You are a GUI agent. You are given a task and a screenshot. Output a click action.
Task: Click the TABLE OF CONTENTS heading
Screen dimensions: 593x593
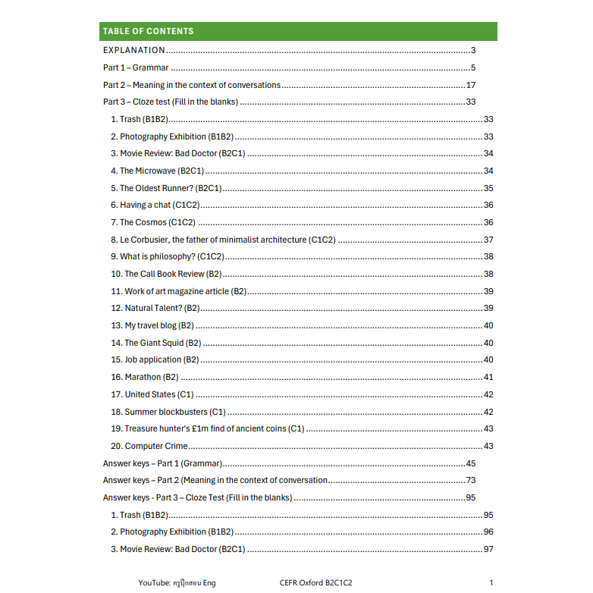(x=148, y=31)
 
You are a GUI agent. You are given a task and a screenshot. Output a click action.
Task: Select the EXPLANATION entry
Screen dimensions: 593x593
(x=134, y=51)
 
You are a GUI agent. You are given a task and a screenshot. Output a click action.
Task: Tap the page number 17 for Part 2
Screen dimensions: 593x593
(x=471, y=85)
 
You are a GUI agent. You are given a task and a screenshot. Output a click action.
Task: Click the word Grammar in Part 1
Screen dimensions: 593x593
(x=150, y=68)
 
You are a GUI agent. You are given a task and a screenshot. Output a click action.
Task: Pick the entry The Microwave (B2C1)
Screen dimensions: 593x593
(x=158, y=171)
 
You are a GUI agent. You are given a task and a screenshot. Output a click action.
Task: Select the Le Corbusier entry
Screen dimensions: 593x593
(x=223, y=240)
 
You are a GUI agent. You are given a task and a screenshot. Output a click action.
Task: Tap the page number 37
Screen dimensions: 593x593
(x=488, y=240)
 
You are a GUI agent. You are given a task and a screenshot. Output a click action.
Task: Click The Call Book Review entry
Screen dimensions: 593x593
(x=166, y=274)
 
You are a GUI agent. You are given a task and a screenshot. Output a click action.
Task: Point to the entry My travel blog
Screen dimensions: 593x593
(x=152, y=325)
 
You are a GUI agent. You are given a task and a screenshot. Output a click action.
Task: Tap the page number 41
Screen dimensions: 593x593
(x=488, y=377)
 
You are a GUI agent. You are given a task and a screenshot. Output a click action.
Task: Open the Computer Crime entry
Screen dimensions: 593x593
(x=149, y=446)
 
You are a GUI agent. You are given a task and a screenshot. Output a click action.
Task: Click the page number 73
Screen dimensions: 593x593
(x=470, y=480)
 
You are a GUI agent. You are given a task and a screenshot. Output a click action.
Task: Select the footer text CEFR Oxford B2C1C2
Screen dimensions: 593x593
(x=315, y=582)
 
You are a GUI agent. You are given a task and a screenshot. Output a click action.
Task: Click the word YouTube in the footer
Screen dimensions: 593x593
(x=153, y=582)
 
